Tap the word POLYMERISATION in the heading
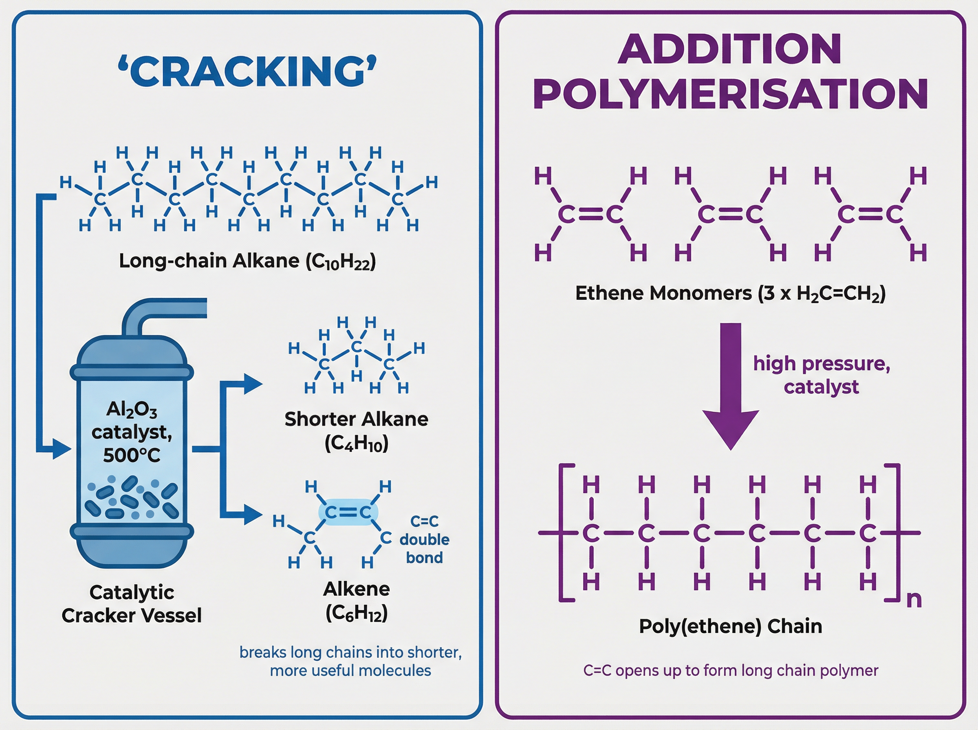730,94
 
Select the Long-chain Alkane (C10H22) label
247,261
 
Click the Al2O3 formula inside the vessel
131,410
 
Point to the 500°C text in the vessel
131,455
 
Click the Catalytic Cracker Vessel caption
131,604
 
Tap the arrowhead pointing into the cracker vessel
62,449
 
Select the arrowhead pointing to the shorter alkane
253,384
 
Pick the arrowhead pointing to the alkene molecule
253,515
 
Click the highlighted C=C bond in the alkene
348,512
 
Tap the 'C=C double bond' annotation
424,539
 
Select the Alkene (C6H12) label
356,600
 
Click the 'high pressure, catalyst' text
821,375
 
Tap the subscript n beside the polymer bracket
914,600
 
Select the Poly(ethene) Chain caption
730,626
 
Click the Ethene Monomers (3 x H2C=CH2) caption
730,293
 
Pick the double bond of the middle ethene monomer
730,215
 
